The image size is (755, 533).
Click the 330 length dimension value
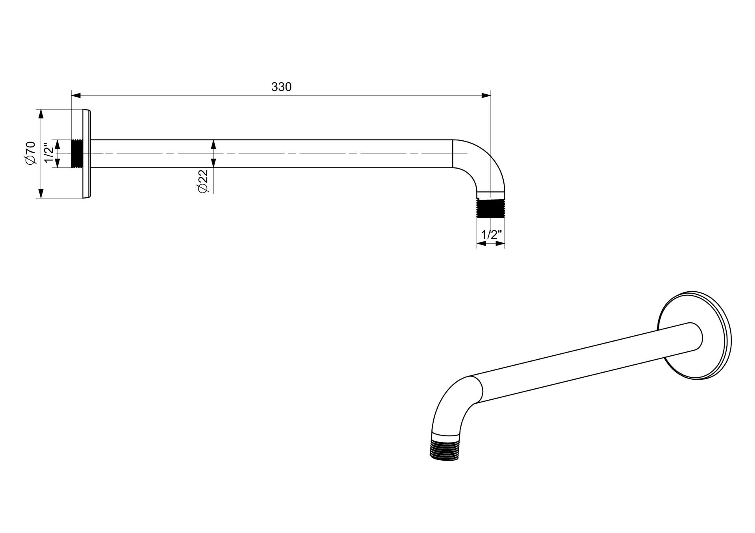click(x=282, y=87)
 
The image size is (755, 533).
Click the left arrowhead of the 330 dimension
click(x=76, y=95)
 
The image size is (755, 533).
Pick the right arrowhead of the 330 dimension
click(x=486, y=95)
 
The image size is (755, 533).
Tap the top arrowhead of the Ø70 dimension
click(x=41, y=114)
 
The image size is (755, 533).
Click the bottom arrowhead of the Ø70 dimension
click(x=41, y=193)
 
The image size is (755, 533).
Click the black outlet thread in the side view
click(x=490, y=208)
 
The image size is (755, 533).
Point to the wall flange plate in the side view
click(x=87, y=154)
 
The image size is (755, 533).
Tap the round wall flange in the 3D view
click(x=694, y=336)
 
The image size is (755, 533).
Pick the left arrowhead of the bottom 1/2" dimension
click(x=481, y=244)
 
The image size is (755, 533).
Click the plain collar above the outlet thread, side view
click(x=490, y=195)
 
